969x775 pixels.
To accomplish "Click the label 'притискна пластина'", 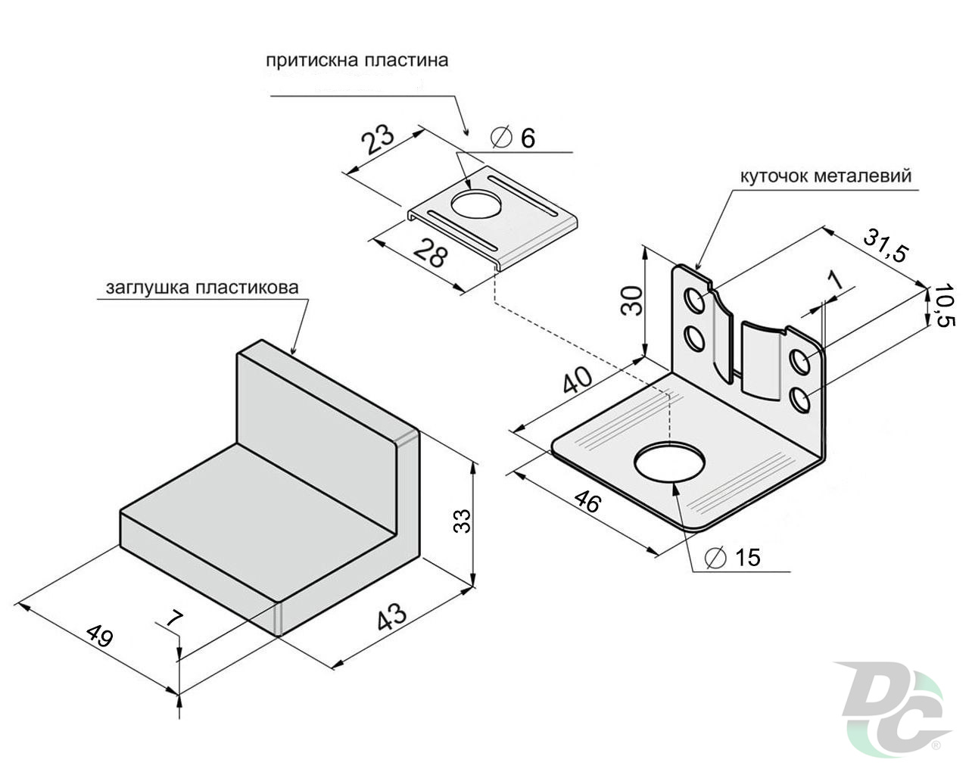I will (357, 61).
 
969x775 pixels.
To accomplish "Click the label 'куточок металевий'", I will (824, 176).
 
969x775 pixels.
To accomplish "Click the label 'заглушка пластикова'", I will (202, 288).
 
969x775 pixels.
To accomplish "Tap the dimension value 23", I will (376, 140).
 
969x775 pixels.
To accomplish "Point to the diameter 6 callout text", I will (513, 138).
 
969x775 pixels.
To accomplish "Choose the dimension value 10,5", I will (943, 307).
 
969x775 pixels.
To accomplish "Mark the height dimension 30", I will (631, 300).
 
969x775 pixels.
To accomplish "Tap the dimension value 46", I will (588, 501).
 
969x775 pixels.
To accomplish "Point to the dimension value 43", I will (391, 616).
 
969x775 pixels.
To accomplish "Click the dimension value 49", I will (98, 634).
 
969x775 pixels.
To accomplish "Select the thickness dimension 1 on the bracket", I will (836, 279).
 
